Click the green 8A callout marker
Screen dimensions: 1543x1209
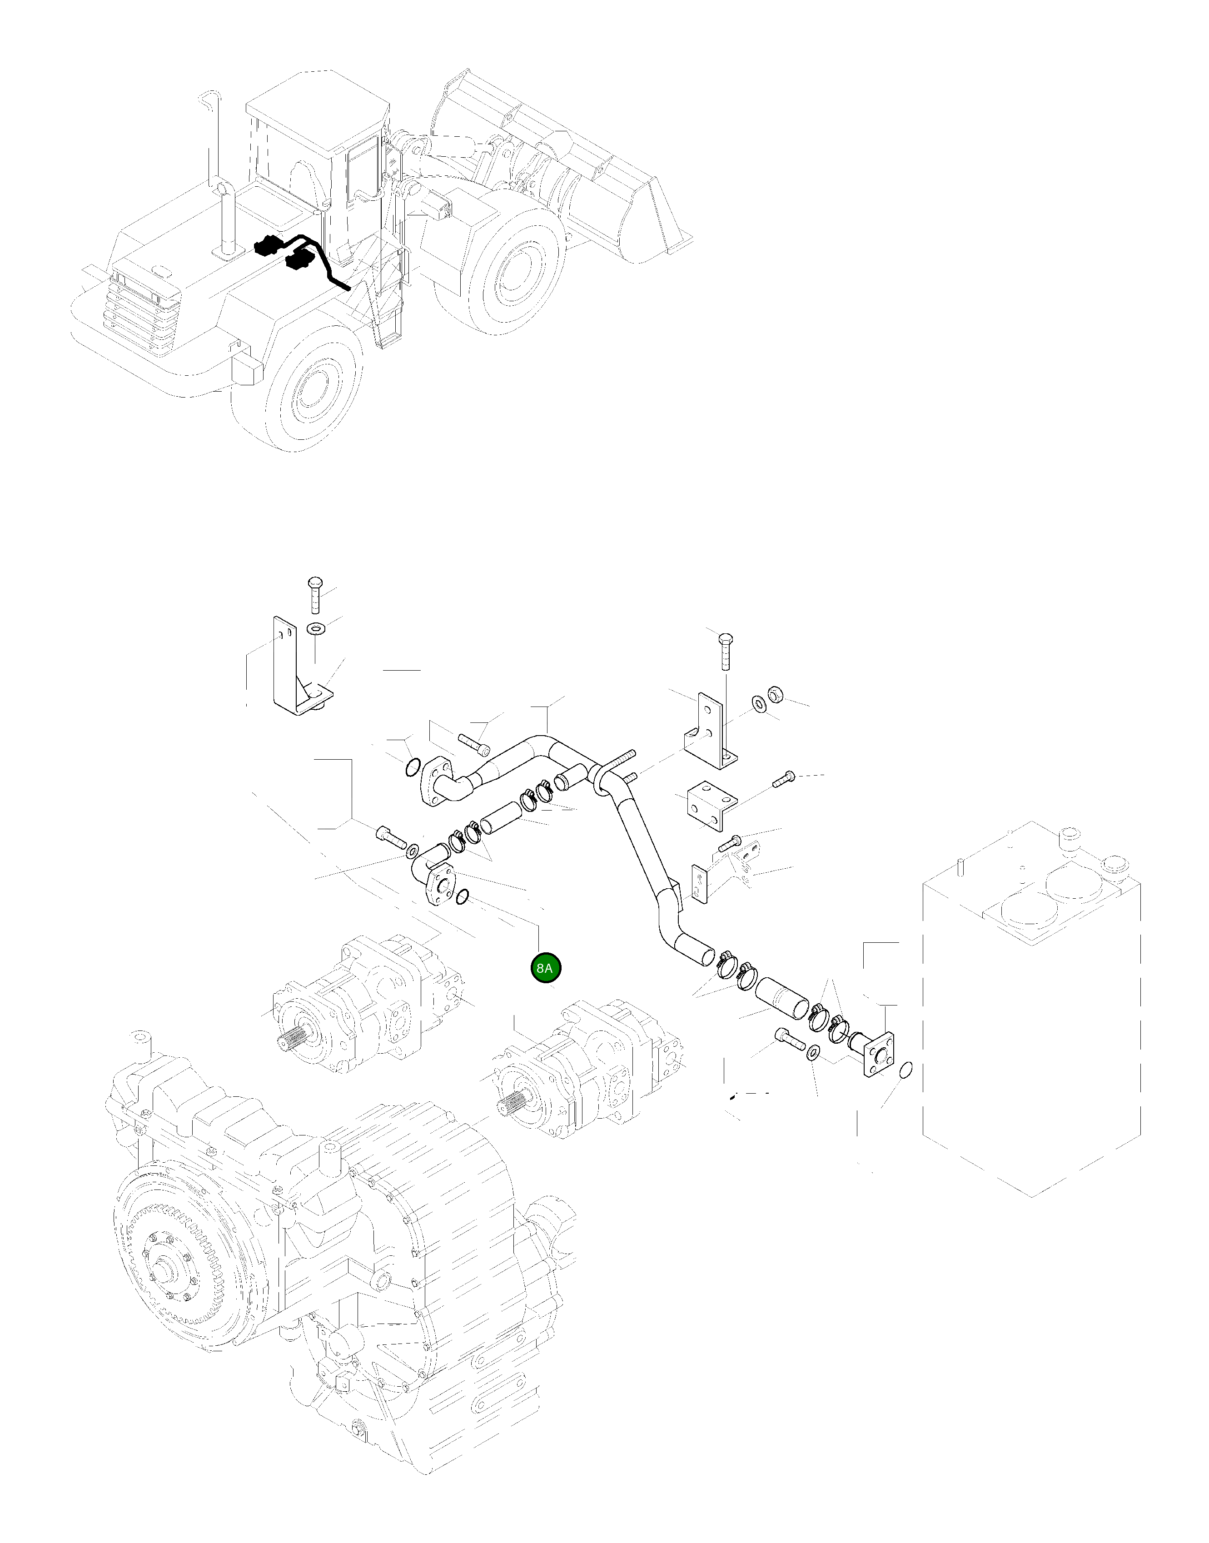[x=546, y=968]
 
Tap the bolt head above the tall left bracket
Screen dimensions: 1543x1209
[x=314, y=584]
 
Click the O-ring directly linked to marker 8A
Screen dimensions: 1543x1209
[x=462, y=897]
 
